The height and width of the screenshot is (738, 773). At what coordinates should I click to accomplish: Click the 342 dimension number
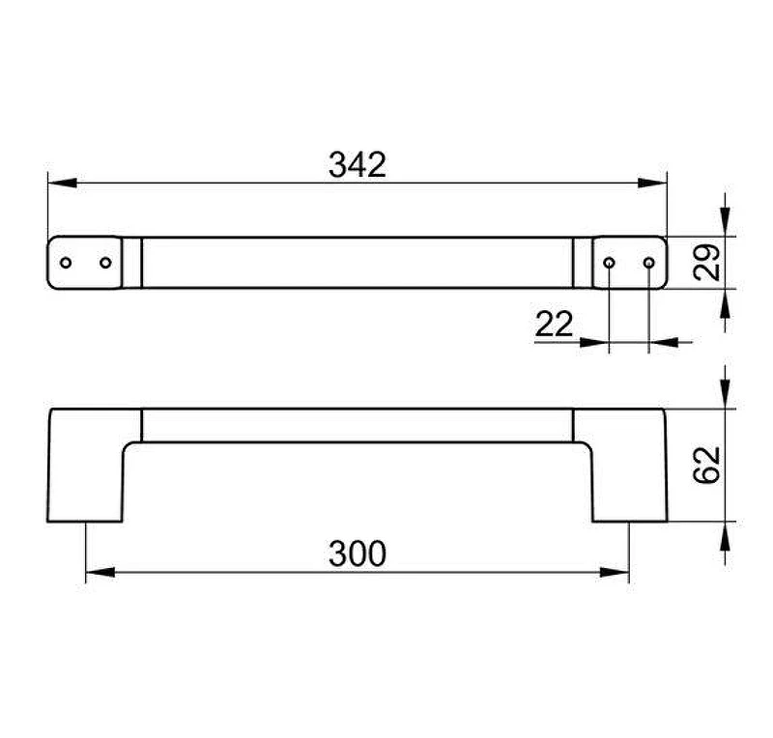[x=358, y=164]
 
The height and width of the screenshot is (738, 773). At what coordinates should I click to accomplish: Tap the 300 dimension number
[x=358, y=553]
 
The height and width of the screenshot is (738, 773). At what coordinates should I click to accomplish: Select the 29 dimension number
[x=707, y=263]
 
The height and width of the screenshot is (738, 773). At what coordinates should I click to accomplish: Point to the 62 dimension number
[x=707, y=465]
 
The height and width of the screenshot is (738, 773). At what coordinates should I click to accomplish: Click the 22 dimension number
[x=554, y=324]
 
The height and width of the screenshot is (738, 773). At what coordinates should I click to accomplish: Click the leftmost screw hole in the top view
[x=66, y=263]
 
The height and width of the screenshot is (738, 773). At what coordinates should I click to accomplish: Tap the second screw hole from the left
[x=105, y=263]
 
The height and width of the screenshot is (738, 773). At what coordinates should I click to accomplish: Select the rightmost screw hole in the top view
[x=649, y=263]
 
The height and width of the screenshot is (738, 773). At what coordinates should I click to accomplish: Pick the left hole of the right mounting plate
[x=610, y=263]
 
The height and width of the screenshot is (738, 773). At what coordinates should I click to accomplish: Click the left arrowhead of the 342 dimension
[x=63, y=183]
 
